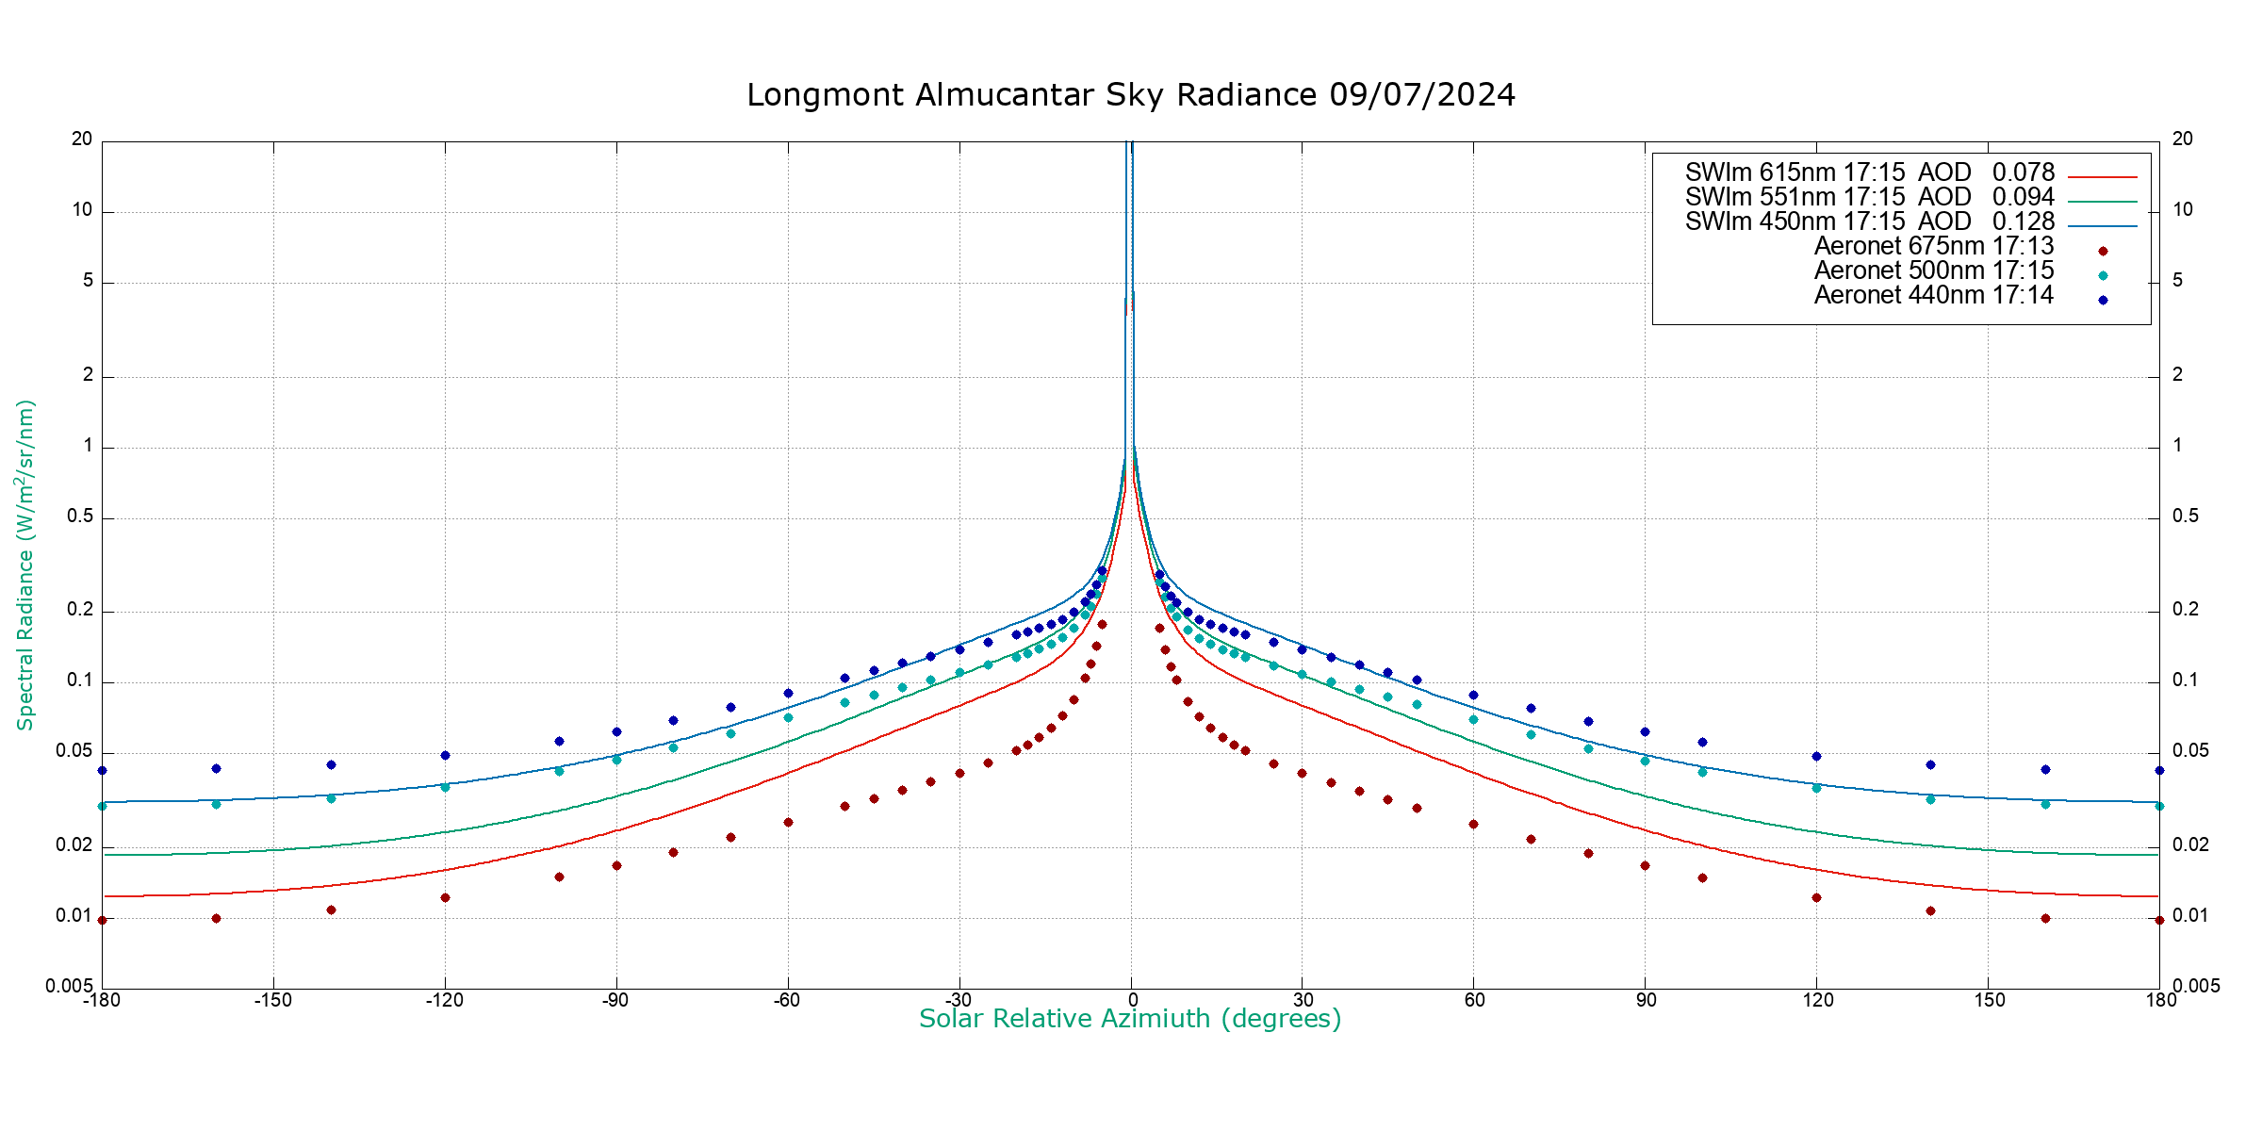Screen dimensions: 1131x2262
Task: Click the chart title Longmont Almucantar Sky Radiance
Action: point(1130,95)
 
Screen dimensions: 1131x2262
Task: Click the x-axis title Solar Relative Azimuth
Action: point(1129,1019)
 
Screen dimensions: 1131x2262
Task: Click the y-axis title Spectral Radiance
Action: point(25,565)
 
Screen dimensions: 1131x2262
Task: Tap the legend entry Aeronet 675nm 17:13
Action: point(1933,246)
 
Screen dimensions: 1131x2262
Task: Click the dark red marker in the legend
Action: point(2103,252)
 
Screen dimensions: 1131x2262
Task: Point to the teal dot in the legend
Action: point(2103,276)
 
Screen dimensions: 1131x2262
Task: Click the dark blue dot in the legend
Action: point(2103,301)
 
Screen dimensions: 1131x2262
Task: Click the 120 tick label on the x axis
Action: point(1818,1000)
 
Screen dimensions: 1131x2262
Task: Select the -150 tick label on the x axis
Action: point(272,1000)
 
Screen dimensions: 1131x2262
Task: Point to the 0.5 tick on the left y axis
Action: point(81,516)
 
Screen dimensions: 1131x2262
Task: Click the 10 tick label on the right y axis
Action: point(2183,209)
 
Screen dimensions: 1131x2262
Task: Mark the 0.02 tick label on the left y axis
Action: point(74,845)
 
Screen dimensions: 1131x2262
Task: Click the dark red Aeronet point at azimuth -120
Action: point(445,897)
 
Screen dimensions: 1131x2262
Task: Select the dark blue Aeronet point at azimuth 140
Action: point(1930,764)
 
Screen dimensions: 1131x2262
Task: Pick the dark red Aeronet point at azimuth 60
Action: point(1473,824)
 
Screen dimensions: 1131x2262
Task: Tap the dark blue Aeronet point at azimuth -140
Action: point(331,764)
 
